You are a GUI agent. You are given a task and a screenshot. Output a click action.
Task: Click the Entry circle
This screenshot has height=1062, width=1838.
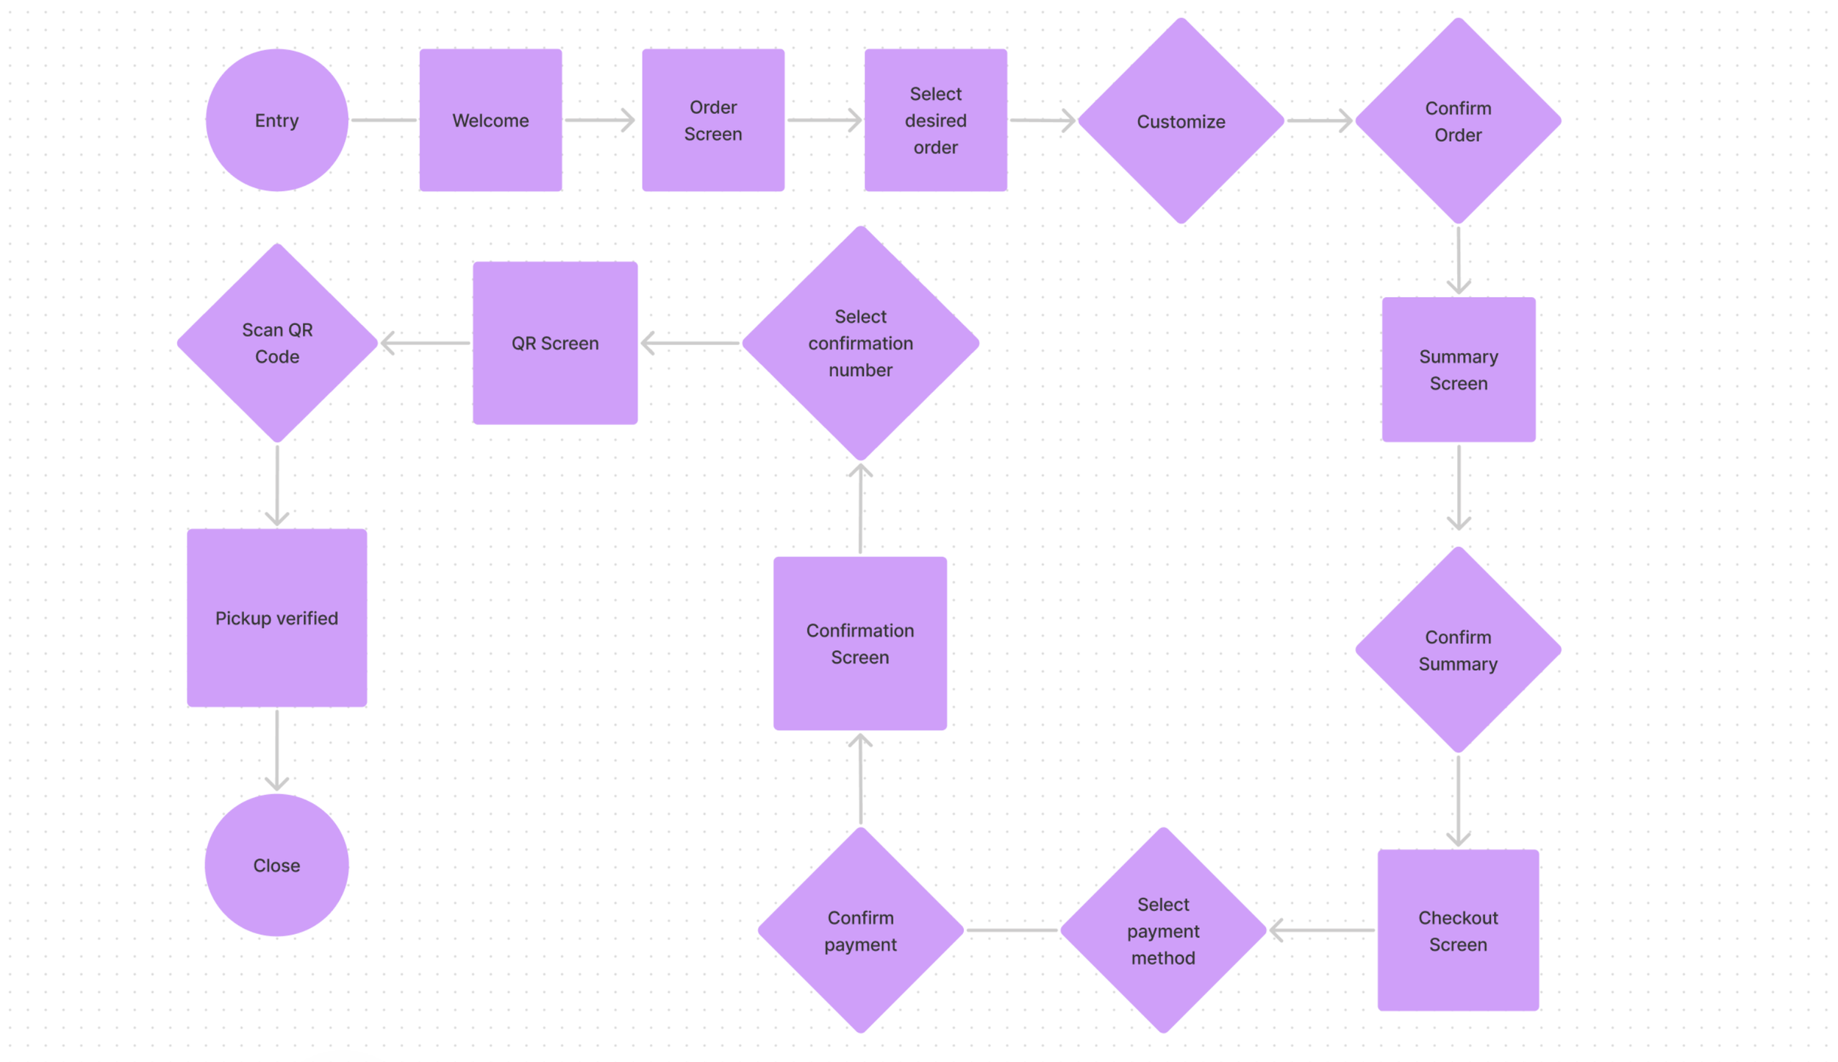click(276, 120)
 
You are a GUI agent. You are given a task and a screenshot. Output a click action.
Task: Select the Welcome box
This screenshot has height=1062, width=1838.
click(490, 120)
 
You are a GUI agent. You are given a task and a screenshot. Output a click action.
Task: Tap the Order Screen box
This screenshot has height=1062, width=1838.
click(712, 120)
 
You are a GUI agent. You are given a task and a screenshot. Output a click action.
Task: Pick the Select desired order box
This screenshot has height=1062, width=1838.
click(935, 120)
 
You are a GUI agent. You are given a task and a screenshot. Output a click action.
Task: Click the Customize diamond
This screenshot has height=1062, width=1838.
click(1181, 121)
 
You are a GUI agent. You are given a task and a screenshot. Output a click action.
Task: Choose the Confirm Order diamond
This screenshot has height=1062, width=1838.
click(1458, 121)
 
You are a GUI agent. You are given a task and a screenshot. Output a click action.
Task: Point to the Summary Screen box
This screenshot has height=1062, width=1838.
click(1458, 369)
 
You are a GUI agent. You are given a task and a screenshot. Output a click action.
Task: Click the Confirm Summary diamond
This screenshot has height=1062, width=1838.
click(1458, 649)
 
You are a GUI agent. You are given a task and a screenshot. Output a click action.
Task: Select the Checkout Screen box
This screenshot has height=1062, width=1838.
click(1458, 930)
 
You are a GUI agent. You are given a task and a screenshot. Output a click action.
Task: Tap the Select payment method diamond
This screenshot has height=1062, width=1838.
click(1163, 930)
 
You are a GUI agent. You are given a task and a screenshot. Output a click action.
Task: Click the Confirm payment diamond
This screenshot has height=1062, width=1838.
click(860, 930)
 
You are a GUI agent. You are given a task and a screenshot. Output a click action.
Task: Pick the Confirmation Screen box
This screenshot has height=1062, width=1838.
click(859, 643)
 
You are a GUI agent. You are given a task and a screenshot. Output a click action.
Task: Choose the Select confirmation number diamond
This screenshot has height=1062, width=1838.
click(860, 343)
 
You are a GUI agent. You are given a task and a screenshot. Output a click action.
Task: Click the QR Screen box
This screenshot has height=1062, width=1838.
click(555, 343)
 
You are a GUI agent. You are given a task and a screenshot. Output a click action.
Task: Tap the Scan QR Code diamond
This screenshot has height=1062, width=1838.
click(277, 343)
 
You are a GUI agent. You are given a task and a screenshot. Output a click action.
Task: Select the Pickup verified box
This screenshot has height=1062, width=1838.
click(276, 618)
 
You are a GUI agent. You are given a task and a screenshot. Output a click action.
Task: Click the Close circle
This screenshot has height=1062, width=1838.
click(276, 865)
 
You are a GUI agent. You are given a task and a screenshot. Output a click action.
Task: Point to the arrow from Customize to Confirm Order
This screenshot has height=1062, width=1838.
click(1319, 121)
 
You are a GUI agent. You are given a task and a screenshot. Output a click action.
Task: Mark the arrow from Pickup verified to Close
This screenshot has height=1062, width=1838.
click(276, 750)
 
